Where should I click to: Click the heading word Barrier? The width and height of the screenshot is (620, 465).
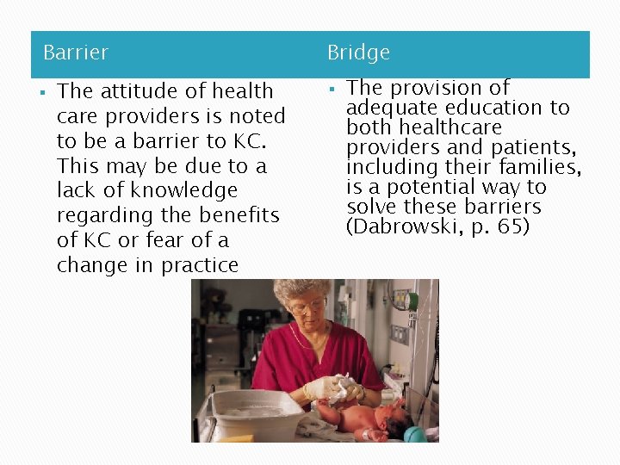click(x=76, y=53)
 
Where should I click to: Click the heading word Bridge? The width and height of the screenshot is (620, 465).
click(x=358, y=53)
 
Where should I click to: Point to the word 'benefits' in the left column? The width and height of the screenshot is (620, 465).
click(x=244, y=215)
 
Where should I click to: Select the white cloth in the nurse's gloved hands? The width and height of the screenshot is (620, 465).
click(x=338, y=387)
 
